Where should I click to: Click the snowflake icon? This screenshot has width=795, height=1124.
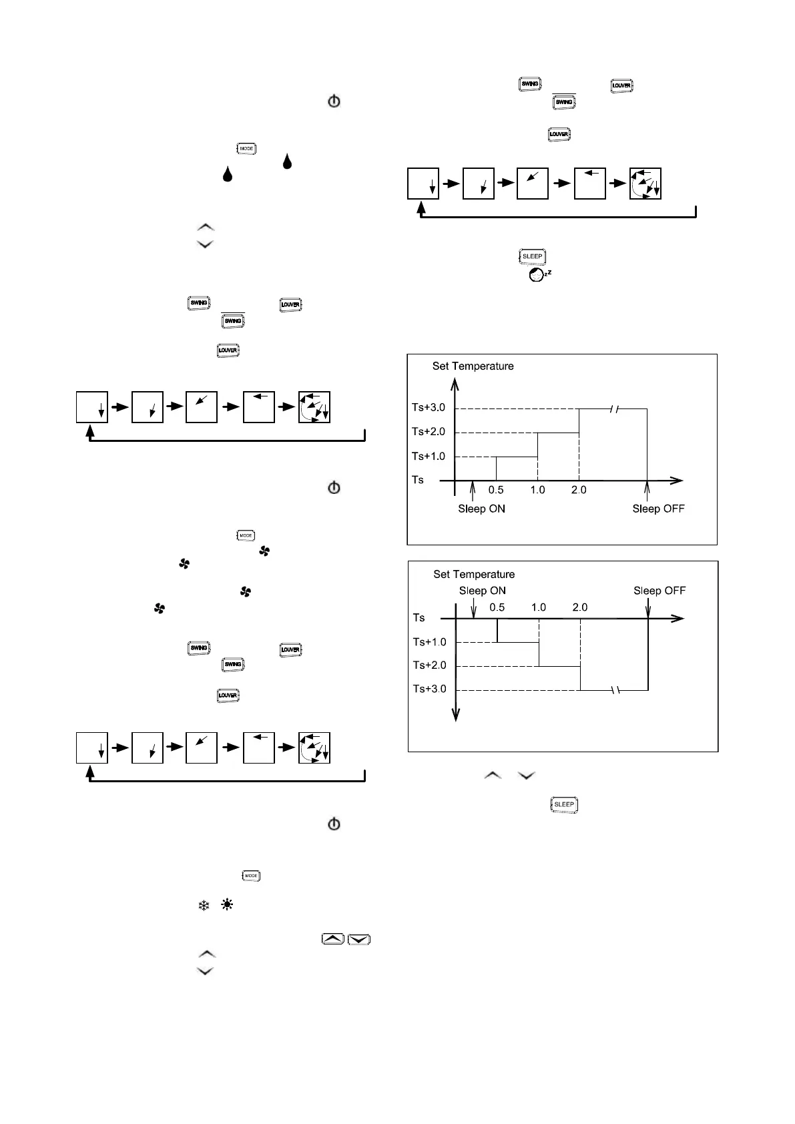204,906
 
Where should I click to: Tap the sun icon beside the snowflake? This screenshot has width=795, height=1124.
227,906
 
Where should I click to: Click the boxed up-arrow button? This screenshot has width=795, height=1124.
333,939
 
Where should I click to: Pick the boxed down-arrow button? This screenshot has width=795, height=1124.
359,939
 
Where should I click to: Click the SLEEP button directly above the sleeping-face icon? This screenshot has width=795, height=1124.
532,256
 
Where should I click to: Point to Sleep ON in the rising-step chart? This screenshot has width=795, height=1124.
481,509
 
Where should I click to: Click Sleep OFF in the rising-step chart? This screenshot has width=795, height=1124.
658,509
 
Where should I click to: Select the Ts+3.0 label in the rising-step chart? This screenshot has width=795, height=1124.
429,408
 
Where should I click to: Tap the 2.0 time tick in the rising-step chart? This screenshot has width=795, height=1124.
579,490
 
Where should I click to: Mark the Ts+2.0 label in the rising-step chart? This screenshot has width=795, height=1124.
429,432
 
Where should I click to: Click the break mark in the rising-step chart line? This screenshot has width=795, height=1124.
615,408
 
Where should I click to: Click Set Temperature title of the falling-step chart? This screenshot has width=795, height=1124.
474,574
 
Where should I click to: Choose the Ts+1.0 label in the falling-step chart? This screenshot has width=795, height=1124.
430,642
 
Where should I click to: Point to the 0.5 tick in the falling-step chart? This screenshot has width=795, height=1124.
497,607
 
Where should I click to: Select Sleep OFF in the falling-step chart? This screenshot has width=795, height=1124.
659,591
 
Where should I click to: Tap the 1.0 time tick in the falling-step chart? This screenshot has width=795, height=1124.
539,607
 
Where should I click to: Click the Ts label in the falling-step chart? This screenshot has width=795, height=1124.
419,618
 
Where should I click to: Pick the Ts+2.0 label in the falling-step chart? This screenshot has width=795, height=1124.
430,665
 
